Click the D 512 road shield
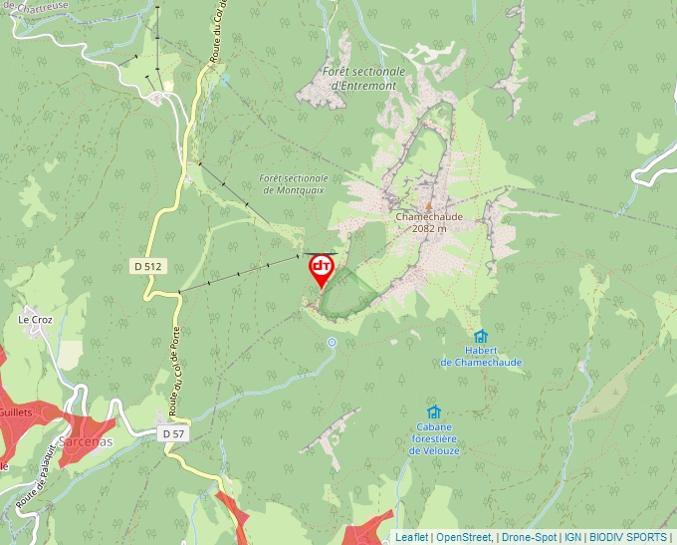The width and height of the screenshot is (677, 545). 146,266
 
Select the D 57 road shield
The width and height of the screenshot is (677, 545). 172,433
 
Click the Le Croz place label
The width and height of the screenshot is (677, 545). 35,320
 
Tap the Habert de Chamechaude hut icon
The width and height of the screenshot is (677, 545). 481,337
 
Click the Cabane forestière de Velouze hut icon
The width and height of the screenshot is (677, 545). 433,412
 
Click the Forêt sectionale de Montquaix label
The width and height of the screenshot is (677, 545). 293,184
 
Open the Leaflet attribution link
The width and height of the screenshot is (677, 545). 411,537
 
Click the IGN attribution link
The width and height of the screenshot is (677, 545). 572,537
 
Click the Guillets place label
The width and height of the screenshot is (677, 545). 16,411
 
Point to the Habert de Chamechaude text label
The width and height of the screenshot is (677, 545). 481,357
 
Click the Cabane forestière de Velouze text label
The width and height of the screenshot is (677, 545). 433,438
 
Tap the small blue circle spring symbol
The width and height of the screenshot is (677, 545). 333,342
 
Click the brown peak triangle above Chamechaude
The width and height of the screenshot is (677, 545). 429,205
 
